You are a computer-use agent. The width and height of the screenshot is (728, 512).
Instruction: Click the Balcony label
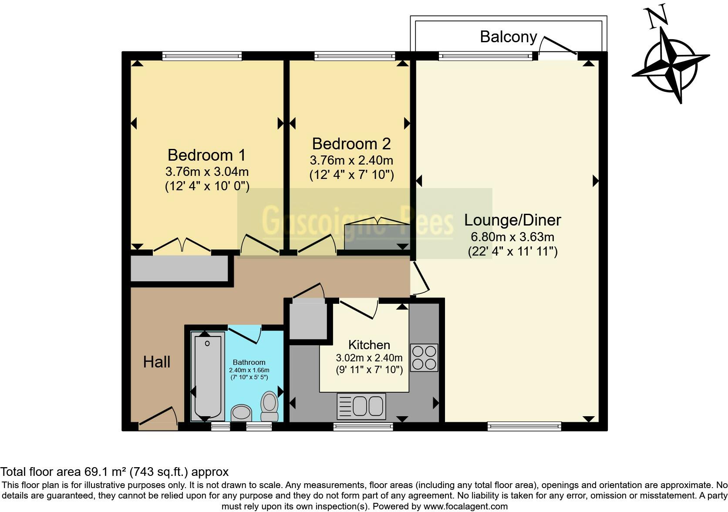pyautogui.click(x=508, y=37)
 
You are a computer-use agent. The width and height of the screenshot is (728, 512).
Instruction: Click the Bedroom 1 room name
pyautogui.click(x=206, y=155)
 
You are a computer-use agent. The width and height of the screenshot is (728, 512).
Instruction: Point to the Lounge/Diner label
pyautogui.click(x=512, y=220)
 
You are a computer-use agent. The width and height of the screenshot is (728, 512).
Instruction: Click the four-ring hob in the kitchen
pyautogui.click(x=424, y=357)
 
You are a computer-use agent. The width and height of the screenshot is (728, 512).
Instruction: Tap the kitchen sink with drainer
pyautogui.click(x=361, y=406)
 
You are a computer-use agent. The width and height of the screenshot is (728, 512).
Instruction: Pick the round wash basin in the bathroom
pyautogui.click(x=241, y=413)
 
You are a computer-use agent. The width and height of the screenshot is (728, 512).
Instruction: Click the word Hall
pyautogui.click(x=156, y=362)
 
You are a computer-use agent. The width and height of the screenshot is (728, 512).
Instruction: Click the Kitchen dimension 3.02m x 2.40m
pyautogui.click(x=369, y=358)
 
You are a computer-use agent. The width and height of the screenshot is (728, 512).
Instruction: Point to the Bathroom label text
pyautogui.click(x=249, y=362)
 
